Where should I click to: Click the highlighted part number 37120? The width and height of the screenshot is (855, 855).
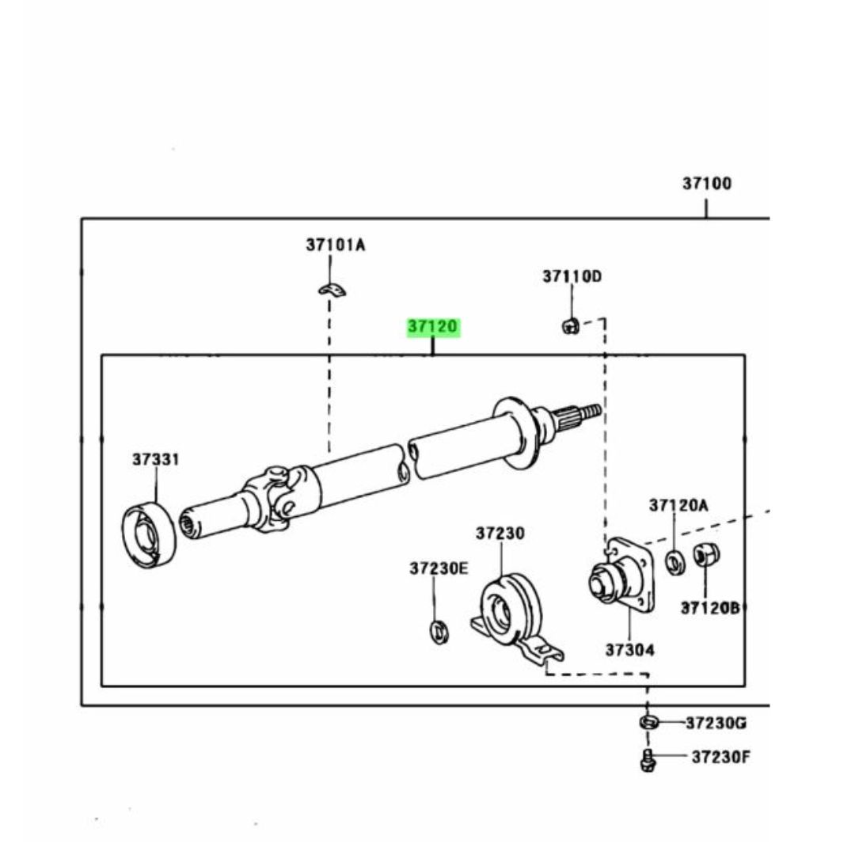click(433, 328)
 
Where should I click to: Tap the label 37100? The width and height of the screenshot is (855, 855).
click(707, 184)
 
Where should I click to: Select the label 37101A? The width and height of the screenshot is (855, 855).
click(336, 245)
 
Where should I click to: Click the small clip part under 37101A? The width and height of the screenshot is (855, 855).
click(334, 291)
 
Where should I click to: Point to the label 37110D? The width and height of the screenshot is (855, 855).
click(572, 276)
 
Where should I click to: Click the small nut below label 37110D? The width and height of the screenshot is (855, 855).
click(570, 324)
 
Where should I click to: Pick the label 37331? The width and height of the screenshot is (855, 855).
click(156, 460)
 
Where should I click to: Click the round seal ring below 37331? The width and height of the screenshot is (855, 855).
click(148, 535)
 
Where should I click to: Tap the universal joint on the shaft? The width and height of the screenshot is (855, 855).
click(274, 496)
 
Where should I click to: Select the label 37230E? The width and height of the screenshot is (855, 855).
click(439, 568)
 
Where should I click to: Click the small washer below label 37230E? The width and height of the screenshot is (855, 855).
click(438, 632)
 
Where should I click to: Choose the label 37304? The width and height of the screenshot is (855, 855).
click(630, 650)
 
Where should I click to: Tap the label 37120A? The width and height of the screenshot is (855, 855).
click(679, 505)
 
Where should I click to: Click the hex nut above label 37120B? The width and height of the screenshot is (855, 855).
click(703, 556)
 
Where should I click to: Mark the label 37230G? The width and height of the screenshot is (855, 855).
click(716, 723)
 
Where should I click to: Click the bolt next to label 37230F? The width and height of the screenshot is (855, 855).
click(646, 760)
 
